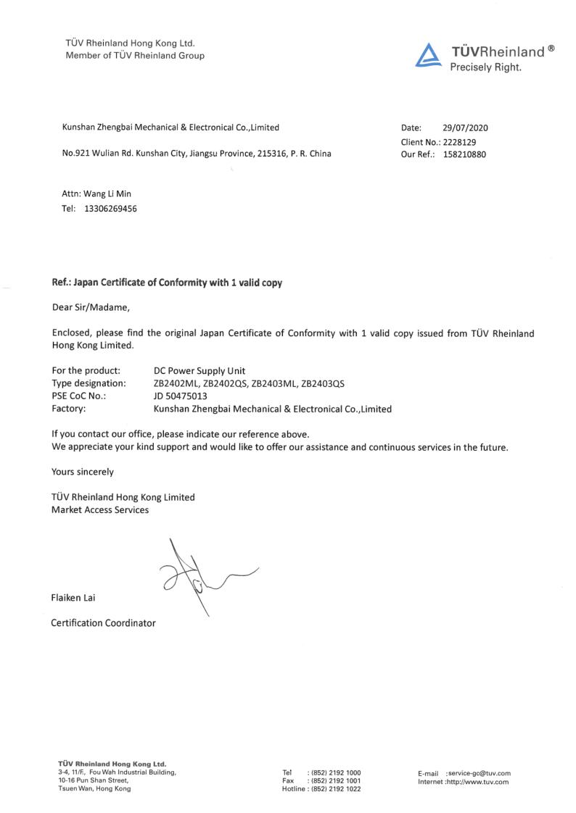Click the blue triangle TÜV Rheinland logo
pos(429,56)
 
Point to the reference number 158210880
pos(464,154)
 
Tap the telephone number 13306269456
pos(106,209)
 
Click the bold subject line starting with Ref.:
pos(167,283)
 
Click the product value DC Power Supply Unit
pos(194,370)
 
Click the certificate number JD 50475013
pos(181,396)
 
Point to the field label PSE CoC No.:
pos(79,396)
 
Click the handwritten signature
pos(199,576)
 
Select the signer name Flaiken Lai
pos(73,598)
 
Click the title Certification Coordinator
pos(103,622)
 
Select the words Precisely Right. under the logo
pos(485,67)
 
